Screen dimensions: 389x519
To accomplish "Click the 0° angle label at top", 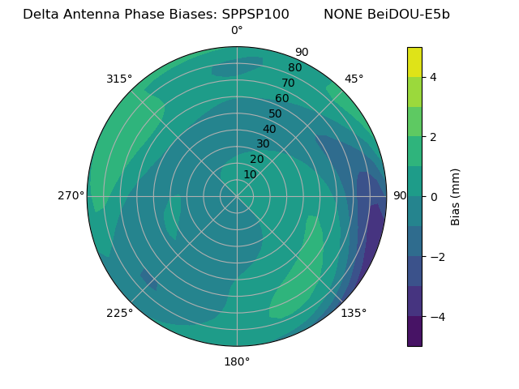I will click(x=237, y=31).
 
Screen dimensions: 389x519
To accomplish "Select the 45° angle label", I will click(x=354, y=79).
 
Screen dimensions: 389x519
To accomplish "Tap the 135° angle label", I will click(x=354, y=313).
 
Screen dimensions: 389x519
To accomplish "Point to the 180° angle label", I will click(x=237, y=361).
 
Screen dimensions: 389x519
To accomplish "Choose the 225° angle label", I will click(x=119, y=314).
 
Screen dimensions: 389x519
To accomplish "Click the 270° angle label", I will click(x=71, y=195).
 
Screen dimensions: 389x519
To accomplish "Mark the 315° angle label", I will click(x=119, y=79).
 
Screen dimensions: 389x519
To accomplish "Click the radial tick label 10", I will click(x=250, y=174).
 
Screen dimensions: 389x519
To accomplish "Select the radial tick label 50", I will click(x=275, y=114).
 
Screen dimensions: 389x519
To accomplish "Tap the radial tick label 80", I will click(x=294, y=68).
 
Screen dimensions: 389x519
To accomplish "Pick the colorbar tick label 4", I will click(x=433, y=77).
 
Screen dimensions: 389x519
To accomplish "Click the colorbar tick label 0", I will click(x=433, y=197).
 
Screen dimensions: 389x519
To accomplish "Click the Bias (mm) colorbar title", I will click(x=456, y=197).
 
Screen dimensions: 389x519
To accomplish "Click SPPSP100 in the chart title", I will click(x=255, y=15).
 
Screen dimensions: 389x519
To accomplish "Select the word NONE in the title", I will click(x=341, y=15).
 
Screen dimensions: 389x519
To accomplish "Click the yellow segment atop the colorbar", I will click(x=414, y=62).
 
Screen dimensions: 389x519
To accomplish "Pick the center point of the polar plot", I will click(x=237, y=196).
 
